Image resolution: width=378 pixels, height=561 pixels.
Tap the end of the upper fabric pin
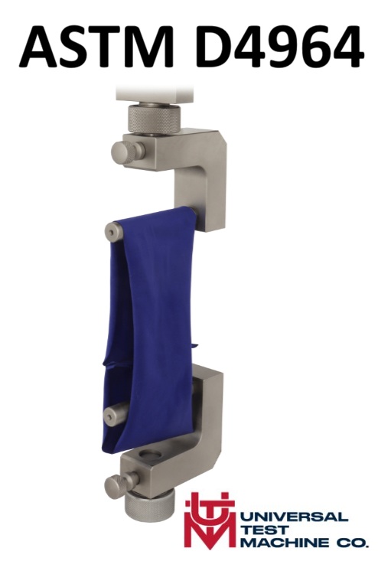(x=112, y=230)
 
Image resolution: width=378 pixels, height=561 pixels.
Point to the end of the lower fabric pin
(x=111, y=416)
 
